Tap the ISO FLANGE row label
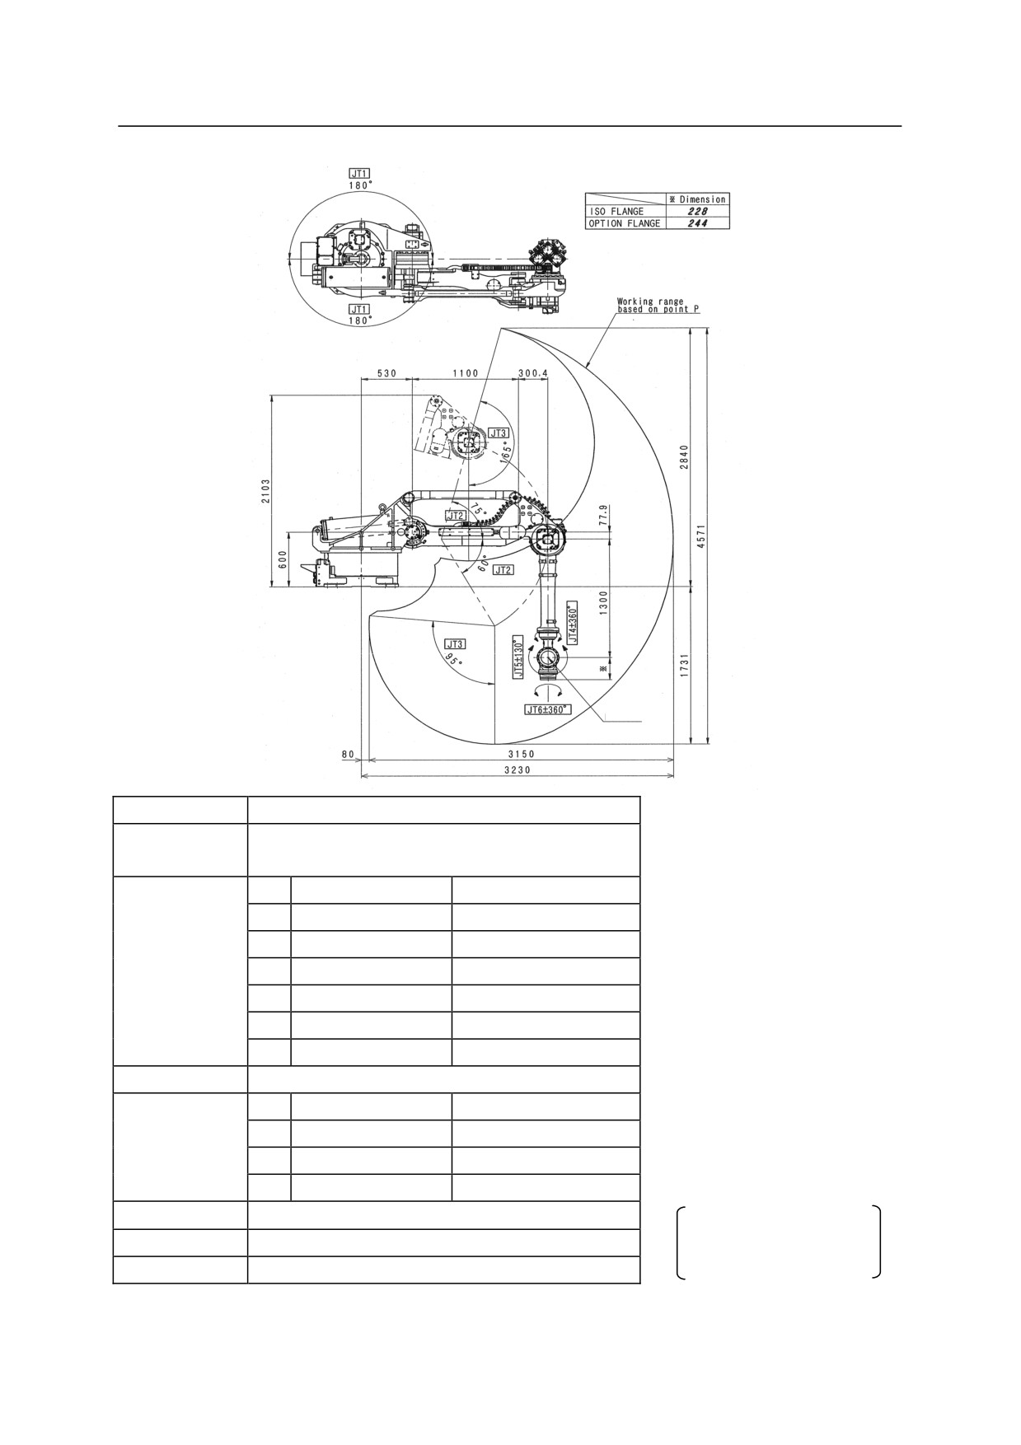pos(616,212)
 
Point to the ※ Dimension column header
pos(697,199)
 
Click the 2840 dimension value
pos(683,458)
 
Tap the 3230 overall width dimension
pos(518,769)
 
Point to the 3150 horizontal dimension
pos(521,754)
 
